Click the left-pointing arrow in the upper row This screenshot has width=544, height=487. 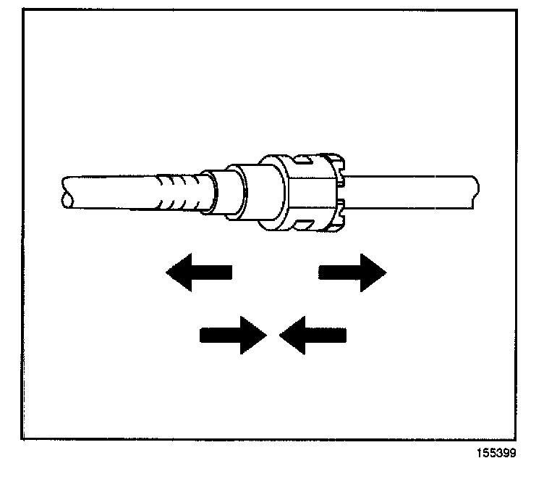pos(198,272)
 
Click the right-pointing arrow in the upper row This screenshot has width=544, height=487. pos(352,272)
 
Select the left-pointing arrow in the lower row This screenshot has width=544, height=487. pos(313,335)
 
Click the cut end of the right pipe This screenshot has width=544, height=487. pos(475,191)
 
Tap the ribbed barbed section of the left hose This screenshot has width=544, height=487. pos(177,192)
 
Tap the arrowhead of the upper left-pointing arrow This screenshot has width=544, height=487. pos(178,272)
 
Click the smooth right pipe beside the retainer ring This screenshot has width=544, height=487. pos(405,190)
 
